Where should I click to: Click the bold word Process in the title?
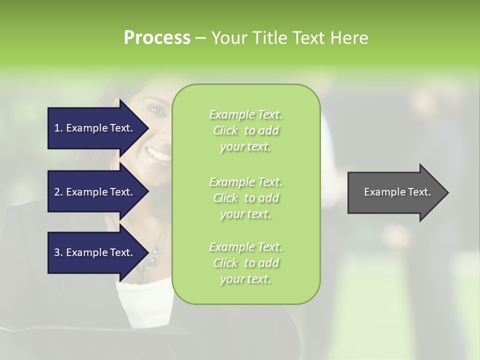tap(157, 38)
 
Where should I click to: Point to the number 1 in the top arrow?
tap(57, 128)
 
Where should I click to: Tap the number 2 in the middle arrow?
tap(57, 192)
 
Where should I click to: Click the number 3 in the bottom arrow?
tap(57, 252)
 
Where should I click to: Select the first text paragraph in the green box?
tap(245, 130)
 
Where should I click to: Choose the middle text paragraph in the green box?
tap(245, 198)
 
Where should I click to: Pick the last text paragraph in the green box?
tap(245, 263)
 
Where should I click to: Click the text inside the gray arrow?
tap(397, 192)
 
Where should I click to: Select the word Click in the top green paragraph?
tap(225, 130)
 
